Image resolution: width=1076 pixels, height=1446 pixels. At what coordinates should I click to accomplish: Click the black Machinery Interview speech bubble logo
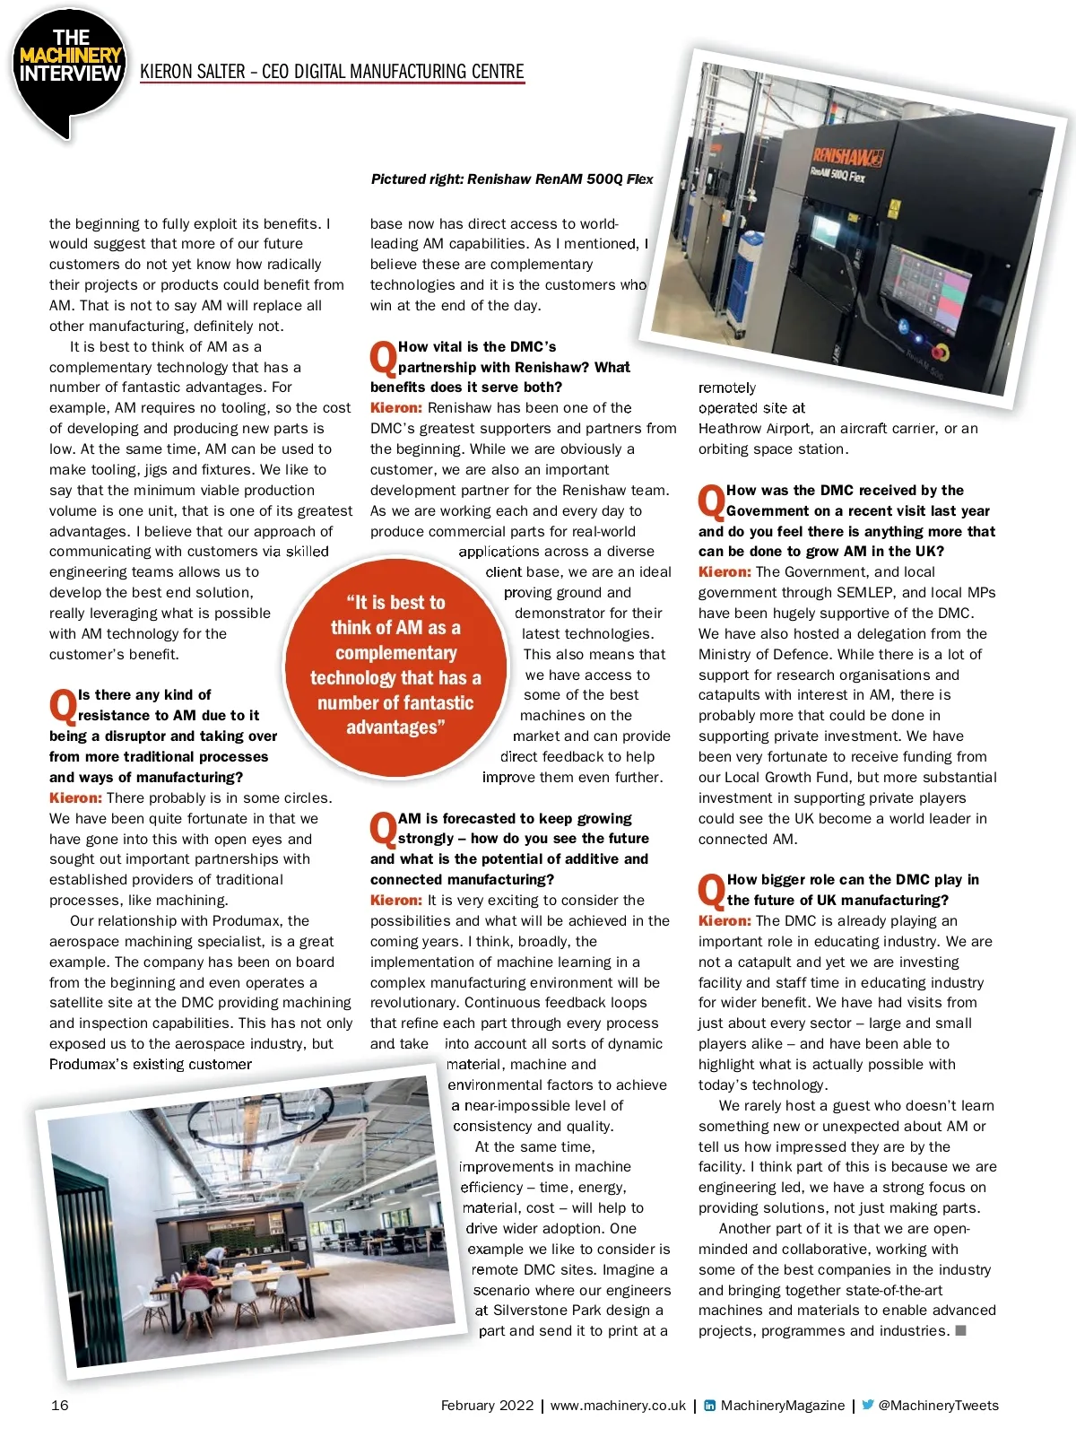70,72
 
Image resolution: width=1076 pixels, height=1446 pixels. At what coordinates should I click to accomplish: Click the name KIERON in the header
166,72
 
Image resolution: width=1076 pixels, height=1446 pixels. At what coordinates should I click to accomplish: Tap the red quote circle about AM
395,665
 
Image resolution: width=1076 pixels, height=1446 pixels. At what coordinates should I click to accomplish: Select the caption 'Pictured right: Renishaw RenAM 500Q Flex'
512,179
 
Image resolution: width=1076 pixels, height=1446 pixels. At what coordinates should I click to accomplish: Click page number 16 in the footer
59,1406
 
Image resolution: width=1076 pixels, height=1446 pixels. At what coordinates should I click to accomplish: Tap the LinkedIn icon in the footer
709,1406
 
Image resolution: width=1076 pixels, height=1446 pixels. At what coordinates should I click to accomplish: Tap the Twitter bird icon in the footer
867,1405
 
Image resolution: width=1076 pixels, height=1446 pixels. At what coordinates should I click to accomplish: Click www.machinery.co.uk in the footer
618,1406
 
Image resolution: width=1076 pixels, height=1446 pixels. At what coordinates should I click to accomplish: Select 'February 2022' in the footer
487,1406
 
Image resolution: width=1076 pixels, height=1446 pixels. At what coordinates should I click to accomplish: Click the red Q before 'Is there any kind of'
63,706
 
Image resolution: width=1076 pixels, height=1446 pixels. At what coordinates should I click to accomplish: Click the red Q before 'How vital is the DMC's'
383,358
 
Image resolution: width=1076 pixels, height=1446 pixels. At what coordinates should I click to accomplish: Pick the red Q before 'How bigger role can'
711,891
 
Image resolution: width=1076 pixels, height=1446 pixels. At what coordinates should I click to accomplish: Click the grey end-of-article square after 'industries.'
960,1330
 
